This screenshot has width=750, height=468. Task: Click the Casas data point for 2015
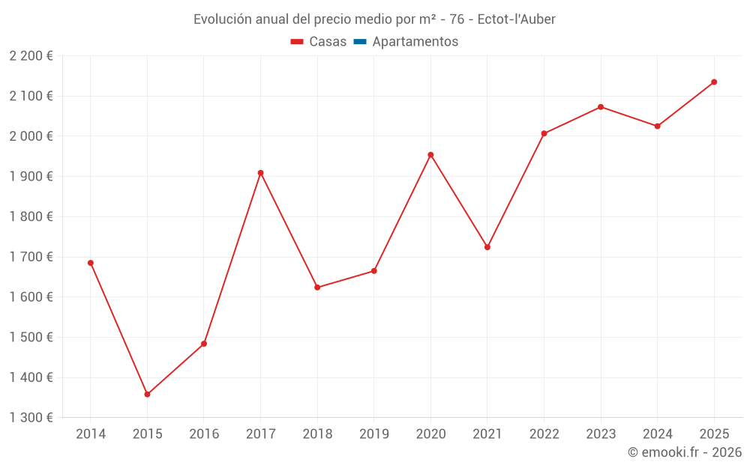click(147, 395)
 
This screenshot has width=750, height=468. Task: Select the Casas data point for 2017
click(260, 173)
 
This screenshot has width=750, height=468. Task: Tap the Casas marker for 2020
click(430, 155)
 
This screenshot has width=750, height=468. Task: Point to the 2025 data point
click(714, 82)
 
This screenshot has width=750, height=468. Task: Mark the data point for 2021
click(487, 247)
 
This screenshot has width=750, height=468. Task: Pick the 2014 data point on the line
click(91, 263)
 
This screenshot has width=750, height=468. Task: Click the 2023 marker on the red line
click(601, 107)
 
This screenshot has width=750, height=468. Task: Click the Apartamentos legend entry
click(415, 42)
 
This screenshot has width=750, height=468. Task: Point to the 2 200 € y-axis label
click(31, 55)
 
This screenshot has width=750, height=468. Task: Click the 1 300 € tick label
click(31, 418)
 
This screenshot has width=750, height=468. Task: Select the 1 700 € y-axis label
click(31, 257)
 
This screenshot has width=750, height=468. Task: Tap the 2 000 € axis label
click(31, 136)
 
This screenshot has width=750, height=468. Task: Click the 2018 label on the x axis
click(317, 434)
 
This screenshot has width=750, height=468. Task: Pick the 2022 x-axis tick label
click(544, 434)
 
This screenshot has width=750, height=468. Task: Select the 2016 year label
click(204, 434)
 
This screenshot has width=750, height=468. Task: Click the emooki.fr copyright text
click(685, 452)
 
